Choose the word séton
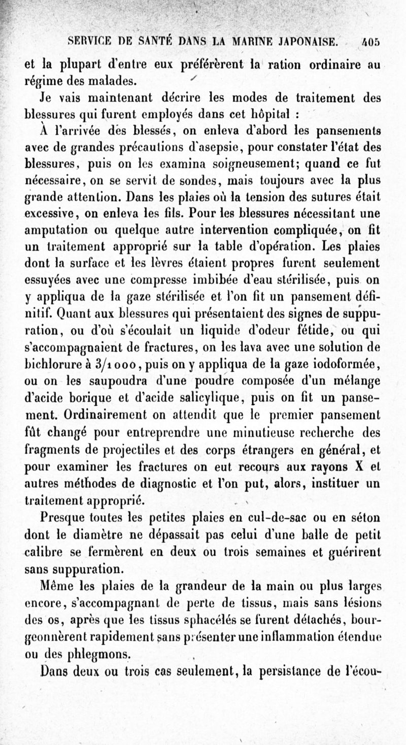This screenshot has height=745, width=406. pos(362,519)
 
